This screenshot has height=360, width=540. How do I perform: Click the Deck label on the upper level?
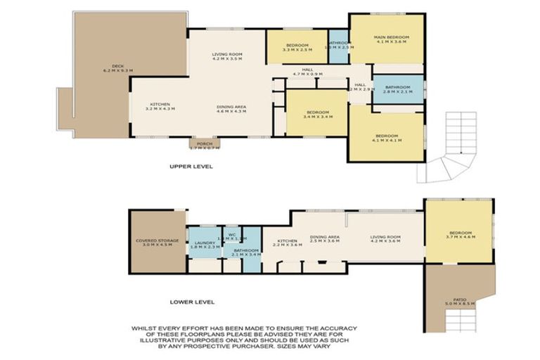pyautogui.click(x=117, y=68)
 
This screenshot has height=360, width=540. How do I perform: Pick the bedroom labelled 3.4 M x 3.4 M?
pyautogui.click(x=316, y=113)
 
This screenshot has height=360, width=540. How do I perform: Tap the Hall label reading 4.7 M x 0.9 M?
pyautogui.click(x=307, y=72)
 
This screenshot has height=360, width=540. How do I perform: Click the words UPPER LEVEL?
pyautogui.click(x=191, y=167)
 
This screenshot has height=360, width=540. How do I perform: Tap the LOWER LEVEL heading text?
pyautogui.click(x=192, y=302)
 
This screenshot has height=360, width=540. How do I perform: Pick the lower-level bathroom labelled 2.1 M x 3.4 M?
pyautogui.click(x=247, y=252)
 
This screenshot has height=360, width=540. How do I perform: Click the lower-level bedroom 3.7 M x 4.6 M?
pyautogui.click(x=459, y=235)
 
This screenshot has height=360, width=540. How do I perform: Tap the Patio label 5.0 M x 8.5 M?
pyautogui.click(x=461, y=301)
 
